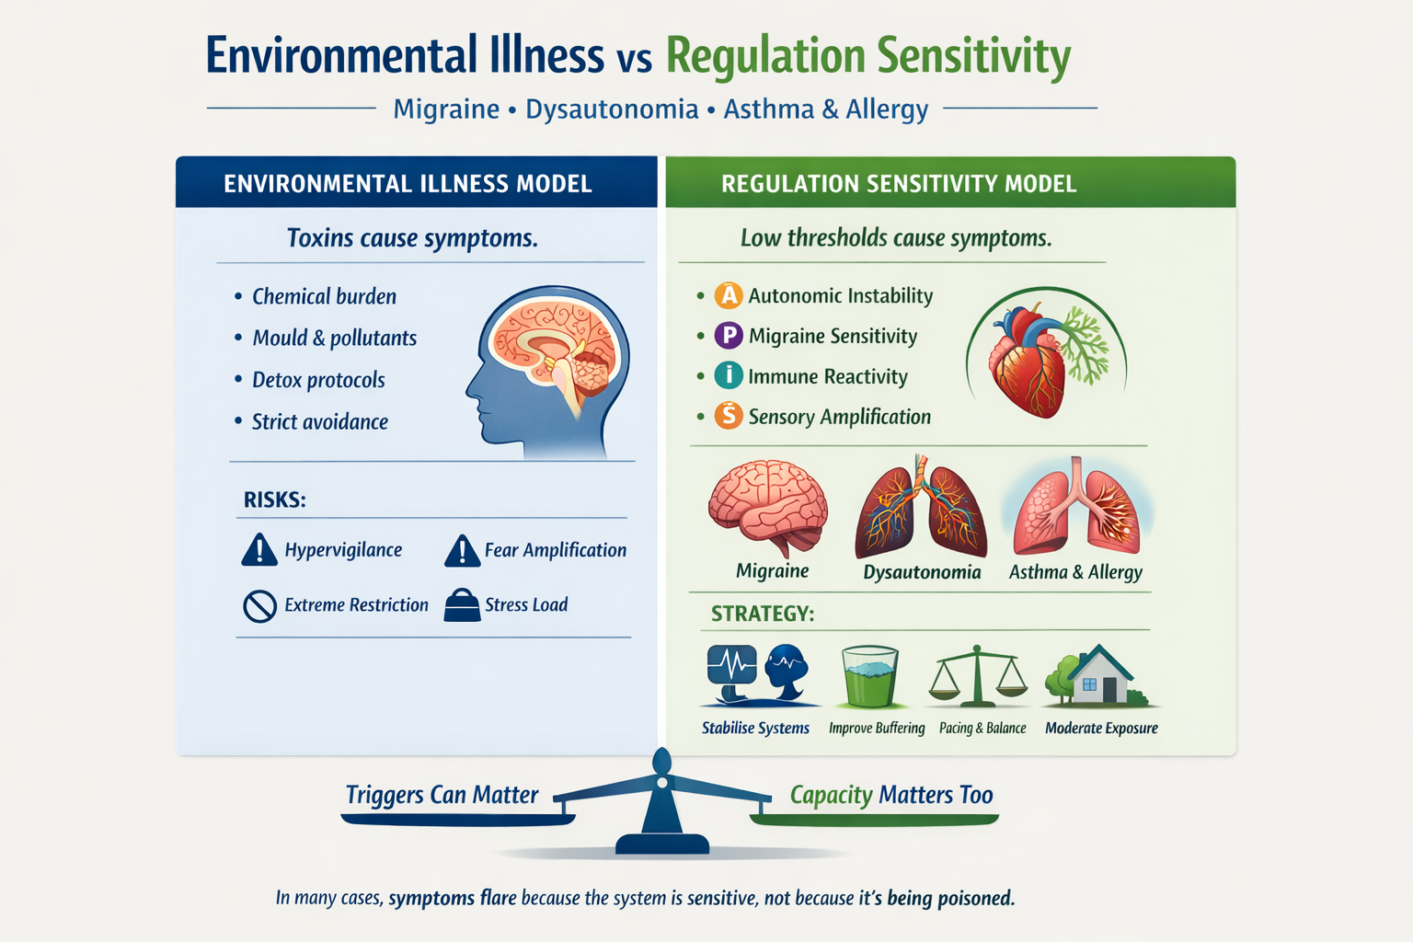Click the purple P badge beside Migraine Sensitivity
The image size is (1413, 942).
point(729,336)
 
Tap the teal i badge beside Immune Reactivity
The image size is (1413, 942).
point(729,375)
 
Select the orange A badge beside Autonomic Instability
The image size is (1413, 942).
point(729,295)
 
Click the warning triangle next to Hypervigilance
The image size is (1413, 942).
point(259,549)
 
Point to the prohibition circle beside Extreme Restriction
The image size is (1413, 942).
point(259,606)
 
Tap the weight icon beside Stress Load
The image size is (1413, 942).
point(463,605)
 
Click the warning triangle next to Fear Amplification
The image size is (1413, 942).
point(463,550)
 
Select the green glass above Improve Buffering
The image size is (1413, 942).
point(870,676)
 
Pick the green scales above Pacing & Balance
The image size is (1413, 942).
point(978,676)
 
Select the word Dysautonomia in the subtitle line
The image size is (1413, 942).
point(612,109)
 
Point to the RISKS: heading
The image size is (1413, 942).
point(274,500)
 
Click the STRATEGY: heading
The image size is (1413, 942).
point(763,614)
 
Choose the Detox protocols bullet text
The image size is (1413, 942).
point(318,380)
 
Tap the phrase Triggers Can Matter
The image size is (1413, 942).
point(442,795)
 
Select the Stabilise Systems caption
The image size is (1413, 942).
point(755,728)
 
